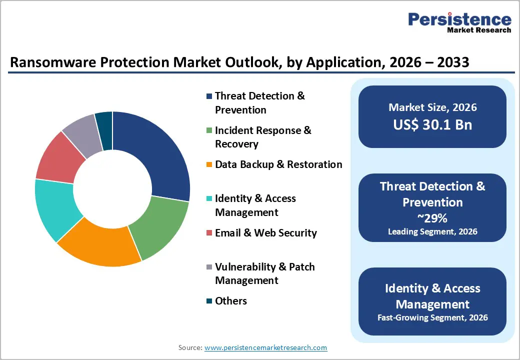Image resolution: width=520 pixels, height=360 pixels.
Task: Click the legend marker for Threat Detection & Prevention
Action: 209,96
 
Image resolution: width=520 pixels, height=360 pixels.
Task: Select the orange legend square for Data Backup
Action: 209,164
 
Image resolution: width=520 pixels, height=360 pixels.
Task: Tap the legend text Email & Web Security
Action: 265,233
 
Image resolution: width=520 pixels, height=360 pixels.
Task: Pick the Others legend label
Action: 230,301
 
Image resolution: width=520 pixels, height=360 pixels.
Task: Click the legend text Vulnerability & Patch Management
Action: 264,273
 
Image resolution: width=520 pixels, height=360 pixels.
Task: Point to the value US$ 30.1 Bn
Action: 432,124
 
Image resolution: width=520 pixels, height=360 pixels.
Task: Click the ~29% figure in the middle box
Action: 432,218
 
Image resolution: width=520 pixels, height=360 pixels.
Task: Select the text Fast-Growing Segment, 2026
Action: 432,317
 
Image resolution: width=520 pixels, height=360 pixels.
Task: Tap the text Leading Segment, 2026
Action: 432,231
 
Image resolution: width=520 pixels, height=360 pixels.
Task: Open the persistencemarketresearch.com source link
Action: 265,347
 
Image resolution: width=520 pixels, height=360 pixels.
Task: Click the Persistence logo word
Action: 459,19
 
